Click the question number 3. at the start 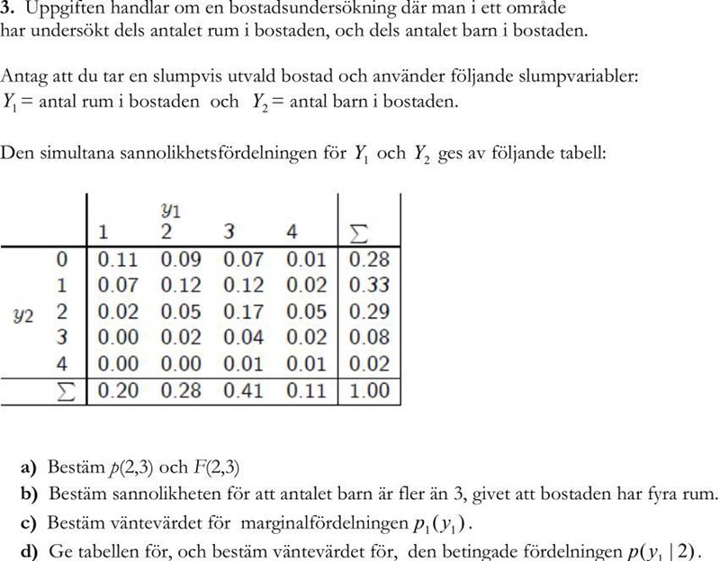pos(9,9)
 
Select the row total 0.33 pos(369,287)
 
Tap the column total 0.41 pos(243,392)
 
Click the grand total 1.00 pos(369,392)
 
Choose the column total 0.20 pos(117,392)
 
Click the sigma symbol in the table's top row pos(357,233)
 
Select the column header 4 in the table pos(292,233)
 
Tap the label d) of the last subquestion pos(30,550)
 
